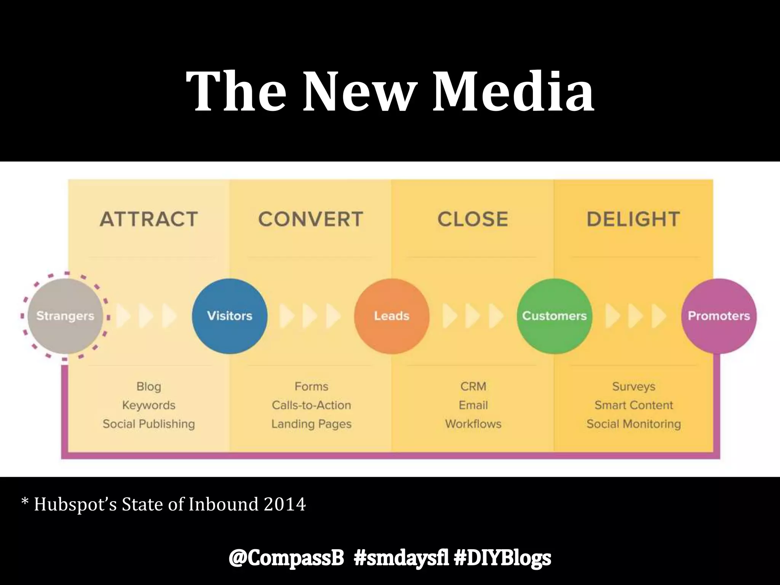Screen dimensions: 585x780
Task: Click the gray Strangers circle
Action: pyautogui.click(x=65, y=316)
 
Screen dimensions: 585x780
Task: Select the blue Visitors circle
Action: pyautogui.click(x=230, y=316)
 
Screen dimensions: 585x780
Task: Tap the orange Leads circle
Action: pyautogui.click(x=392, y=316)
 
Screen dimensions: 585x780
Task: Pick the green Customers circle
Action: pyautogui.click(x=555, y=316)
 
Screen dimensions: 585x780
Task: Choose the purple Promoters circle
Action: pyautogui.click(x=719, y=316)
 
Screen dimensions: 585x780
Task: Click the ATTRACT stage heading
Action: pyautogui.click(x=149, y=219)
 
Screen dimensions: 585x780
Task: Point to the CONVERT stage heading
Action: pyautogui.click(x=311, y=219)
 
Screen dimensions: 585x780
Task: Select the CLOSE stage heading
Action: pyautogui.click(x=473, y=219)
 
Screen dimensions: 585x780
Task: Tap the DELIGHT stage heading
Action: pyautogui.click(x=633, y=219)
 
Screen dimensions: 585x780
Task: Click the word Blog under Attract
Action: pyautogui.click(x=149, y=387)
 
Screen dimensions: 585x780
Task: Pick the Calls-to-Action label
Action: pyautogui.click(x=311, y=405)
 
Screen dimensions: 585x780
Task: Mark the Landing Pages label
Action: pyautogui.click(x=311, y=424)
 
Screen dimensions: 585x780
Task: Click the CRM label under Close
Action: pyautogui.click(x=473, y=387)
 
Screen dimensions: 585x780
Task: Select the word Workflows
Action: pyautogui.click(x=473, y=424)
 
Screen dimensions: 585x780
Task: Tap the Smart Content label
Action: pyautogui.click(x=634, y=405)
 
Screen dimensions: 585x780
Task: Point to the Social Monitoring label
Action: pyautogui.click(x=634, y=424)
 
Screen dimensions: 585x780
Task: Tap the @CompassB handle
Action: pyautogui.click(x=286, y=558)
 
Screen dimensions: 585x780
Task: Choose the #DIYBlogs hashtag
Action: pyautogui.click(x=503, y=558)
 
